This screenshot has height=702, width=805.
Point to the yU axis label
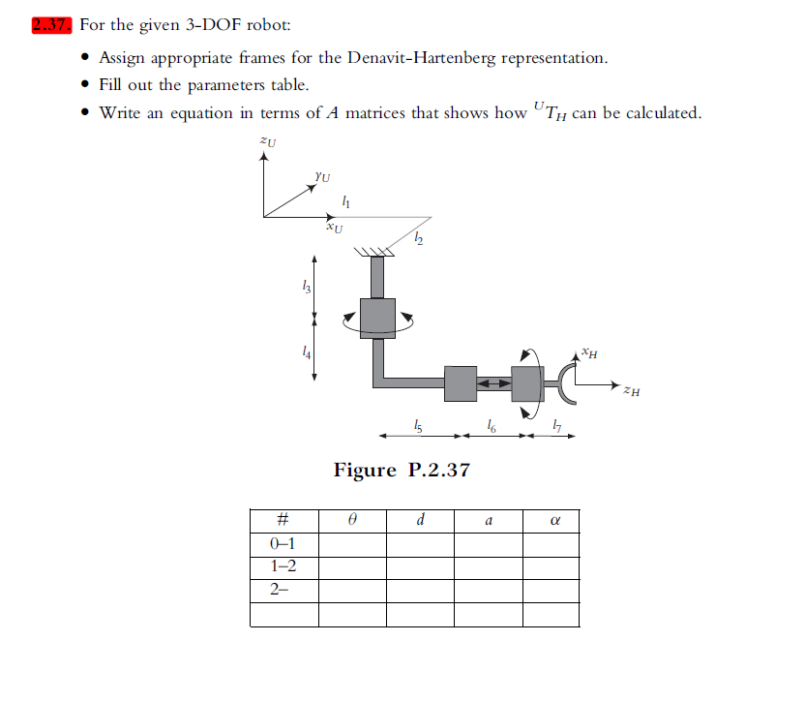click(x=322, y=176)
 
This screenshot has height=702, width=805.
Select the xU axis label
click(x=334, y=229)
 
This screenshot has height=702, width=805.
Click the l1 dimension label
click(x=346, y=201)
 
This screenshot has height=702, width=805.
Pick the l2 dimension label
click(x=418, y=238)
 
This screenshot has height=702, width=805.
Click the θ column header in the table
click(x=352, y=520)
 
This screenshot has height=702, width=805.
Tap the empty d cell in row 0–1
click(x=420, y=543)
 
